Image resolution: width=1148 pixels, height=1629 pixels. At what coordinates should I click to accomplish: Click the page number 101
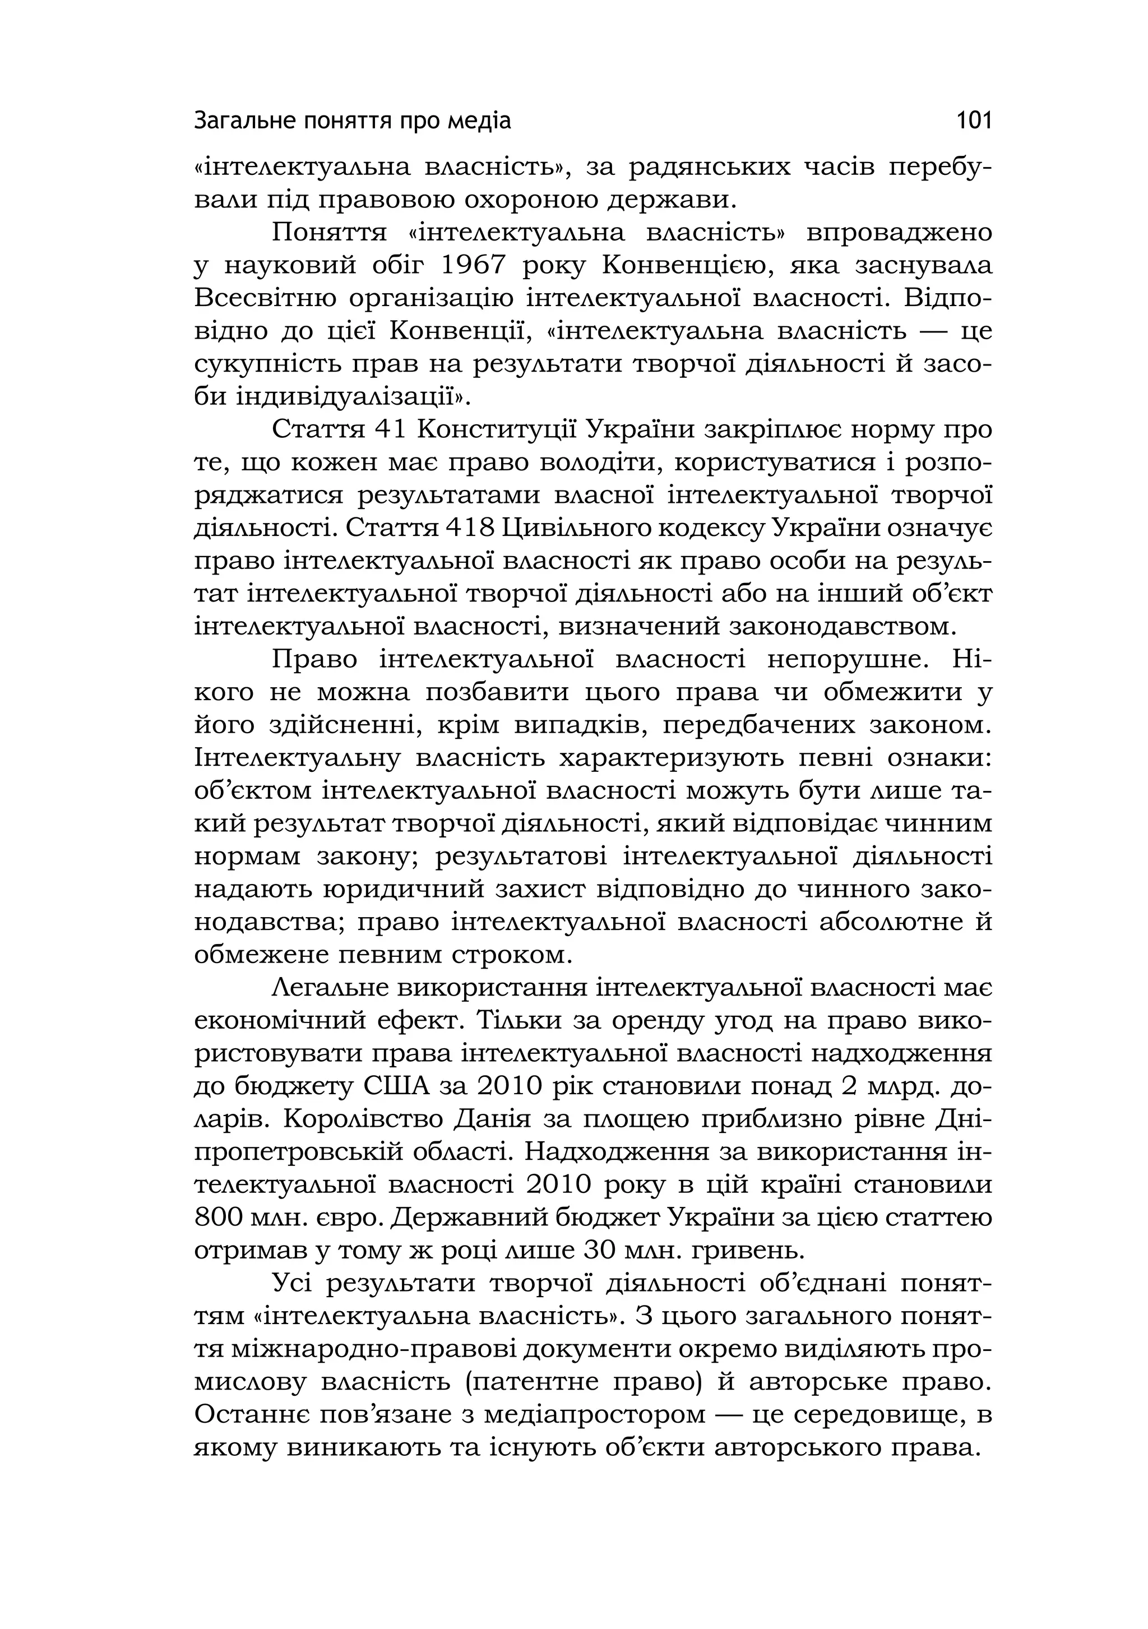974,121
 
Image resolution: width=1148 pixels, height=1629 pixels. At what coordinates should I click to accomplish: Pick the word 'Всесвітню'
265,298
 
